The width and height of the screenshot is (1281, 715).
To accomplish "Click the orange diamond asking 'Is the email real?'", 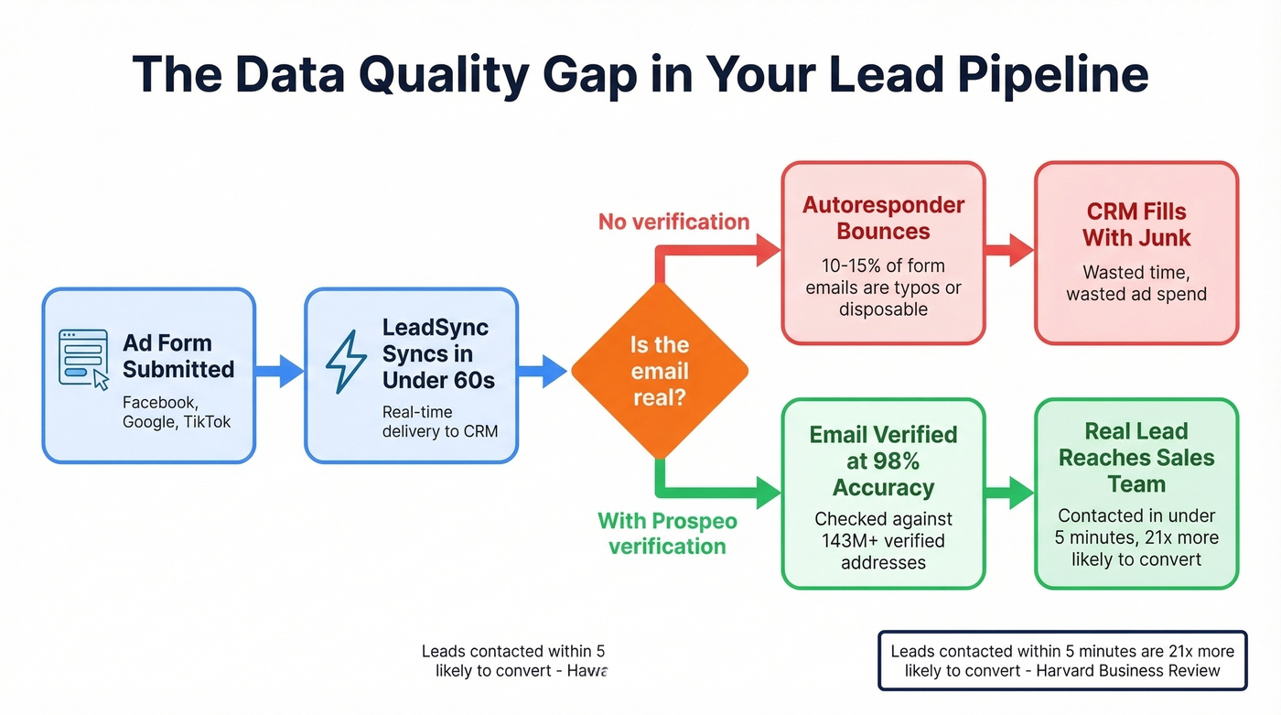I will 660,372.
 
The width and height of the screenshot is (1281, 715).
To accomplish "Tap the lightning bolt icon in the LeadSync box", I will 346,362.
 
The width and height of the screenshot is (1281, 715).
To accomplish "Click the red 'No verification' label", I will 673,222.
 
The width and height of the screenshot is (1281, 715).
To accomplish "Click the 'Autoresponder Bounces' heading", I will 883,218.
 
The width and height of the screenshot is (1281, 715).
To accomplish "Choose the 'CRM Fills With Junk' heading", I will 1136,225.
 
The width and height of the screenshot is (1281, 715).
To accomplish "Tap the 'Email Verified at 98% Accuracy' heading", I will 883,461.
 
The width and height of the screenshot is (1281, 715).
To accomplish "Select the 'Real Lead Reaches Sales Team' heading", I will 1136,458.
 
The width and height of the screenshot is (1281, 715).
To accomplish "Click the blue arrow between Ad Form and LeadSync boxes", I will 279,371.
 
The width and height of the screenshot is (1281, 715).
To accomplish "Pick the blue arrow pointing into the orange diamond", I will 543,371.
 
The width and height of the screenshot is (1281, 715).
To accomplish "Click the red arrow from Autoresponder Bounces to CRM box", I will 1009,250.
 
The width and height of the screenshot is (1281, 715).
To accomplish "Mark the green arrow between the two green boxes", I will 1009,493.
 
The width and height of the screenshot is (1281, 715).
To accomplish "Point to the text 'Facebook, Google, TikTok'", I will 177,412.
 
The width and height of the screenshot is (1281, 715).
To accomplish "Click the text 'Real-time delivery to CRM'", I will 439,421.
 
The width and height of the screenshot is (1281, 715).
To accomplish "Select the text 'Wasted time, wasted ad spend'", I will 1136,284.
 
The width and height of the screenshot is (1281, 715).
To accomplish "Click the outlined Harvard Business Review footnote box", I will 1062,660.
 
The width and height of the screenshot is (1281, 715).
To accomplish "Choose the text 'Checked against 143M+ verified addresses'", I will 883,540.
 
